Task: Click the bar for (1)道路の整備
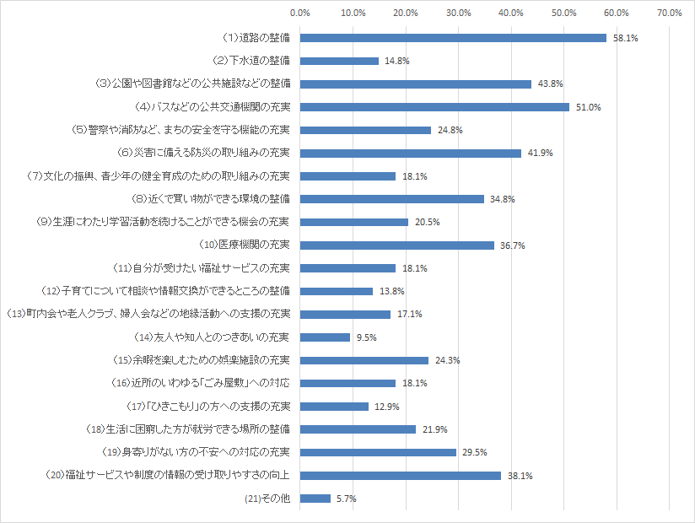453,38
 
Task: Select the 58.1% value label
626,38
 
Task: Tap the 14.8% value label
396,61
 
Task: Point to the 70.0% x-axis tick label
669,13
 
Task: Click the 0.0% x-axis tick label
299,13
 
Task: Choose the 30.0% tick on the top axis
458,13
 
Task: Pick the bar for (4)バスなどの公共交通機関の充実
434,107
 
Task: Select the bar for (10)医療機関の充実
396,245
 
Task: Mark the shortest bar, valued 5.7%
315,499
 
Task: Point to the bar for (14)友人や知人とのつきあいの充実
325,337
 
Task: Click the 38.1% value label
520,476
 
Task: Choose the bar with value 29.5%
378,452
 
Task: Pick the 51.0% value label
588,107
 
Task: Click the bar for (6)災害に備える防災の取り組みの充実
410,153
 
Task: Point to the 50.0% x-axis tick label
563,13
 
